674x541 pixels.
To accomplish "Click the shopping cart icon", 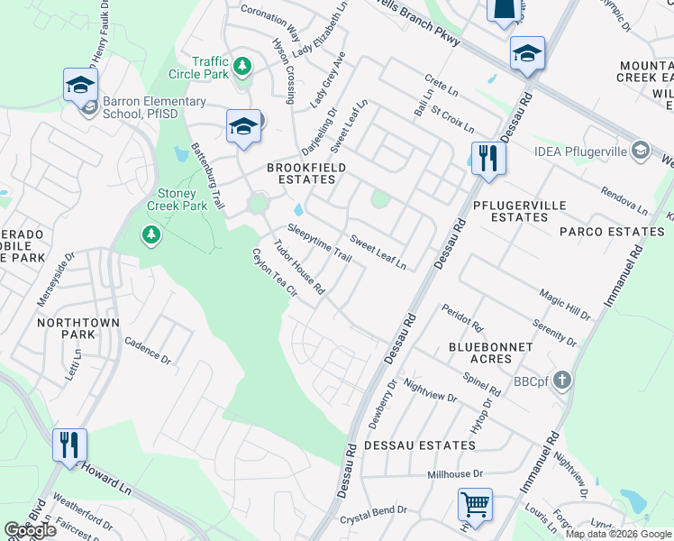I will click(x=475, y=503).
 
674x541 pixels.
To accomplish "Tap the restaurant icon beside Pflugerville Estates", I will click(x=487, y=159).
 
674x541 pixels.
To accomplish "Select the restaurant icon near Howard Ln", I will click(x=69, y=445).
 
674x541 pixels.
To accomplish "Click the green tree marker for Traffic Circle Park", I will click(x=241, y=66).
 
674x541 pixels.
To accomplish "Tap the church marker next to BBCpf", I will click(x=563, y=381).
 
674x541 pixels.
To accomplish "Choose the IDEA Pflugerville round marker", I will click(x=641, y=149).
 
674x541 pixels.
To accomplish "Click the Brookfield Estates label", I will click(x=307, y=174).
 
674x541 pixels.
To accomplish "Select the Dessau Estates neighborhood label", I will click(x=419, y=445).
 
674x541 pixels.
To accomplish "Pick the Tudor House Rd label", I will click(x=299, y=269).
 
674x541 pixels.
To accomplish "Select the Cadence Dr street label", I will click(x=148, y=350).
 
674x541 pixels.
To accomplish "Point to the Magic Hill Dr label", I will click(x=565, y=305).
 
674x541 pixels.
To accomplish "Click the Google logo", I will click(x=31, y=530).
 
